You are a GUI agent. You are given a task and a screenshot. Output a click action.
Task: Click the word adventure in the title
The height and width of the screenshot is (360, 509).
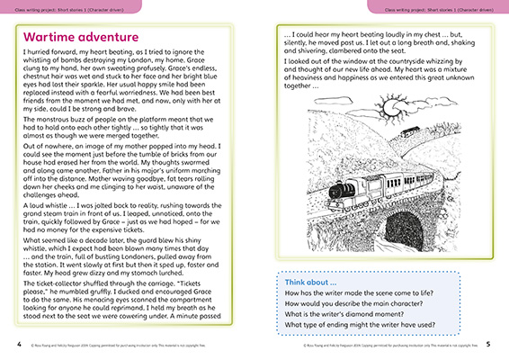click(113, 38)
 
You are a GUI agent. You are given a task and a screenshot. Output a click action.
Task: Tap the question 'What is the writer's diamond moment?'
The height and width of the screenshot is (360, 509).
click(340, 314)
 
